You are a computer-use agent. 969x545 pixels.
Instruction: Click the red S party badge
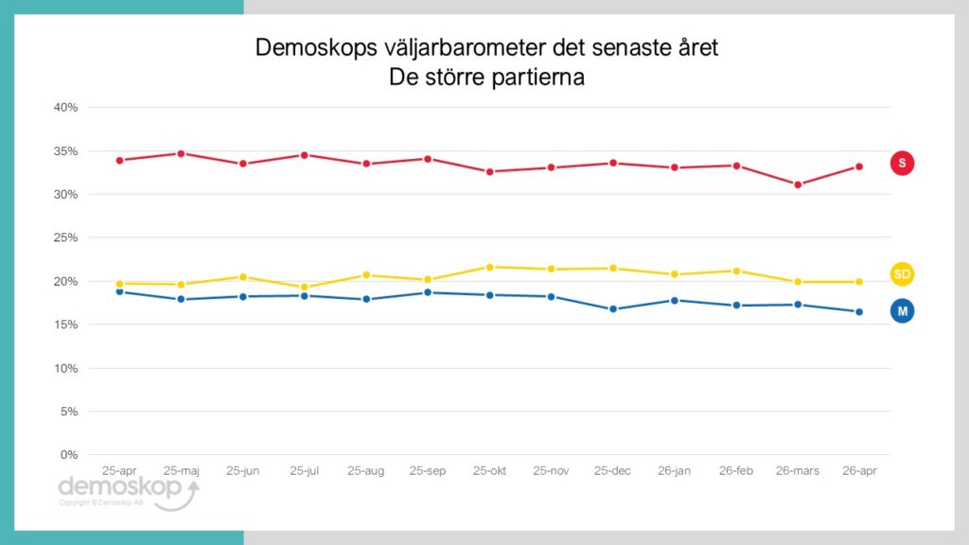[902, 164]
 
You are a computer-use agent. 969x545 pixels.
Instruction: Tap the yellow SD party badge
[902, 274]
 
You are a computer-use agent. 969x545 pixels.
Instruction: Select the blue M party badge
[902, 310]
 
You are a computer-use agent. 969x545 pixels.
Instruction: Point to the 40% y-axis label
[65, 108]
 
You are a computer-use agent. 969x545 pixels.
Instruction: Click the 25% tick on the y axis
[65, 237]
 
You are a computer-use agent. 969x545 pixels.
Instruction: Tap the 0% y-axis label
[69, 455]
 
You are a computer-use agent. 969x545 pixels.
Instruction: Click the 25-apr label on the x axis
[119, 470]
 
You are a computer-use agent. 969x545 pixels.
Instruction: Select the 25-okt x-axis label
[489, 470]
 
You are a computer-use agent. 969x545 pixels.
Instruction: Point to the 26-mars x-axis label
[797, 470]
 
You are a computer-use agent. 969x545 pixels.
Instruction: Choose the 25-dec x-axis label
[612, 470]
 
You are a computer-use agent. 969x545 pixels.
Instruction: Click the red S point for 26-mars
[798, 185]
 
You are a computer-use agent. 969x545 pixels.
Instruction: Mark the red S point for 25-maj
[181, 153]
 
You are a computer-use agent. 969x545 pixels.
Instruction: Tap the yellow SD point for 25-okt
[489, 267]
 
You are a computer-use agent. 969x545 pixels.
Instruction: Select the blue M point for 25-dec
[613, 309]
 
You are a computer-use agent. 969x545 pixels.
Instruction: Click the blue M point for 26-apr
[859, 312]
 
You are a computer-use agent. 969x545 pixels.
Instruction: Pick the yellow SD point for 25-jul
[305, 287]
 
